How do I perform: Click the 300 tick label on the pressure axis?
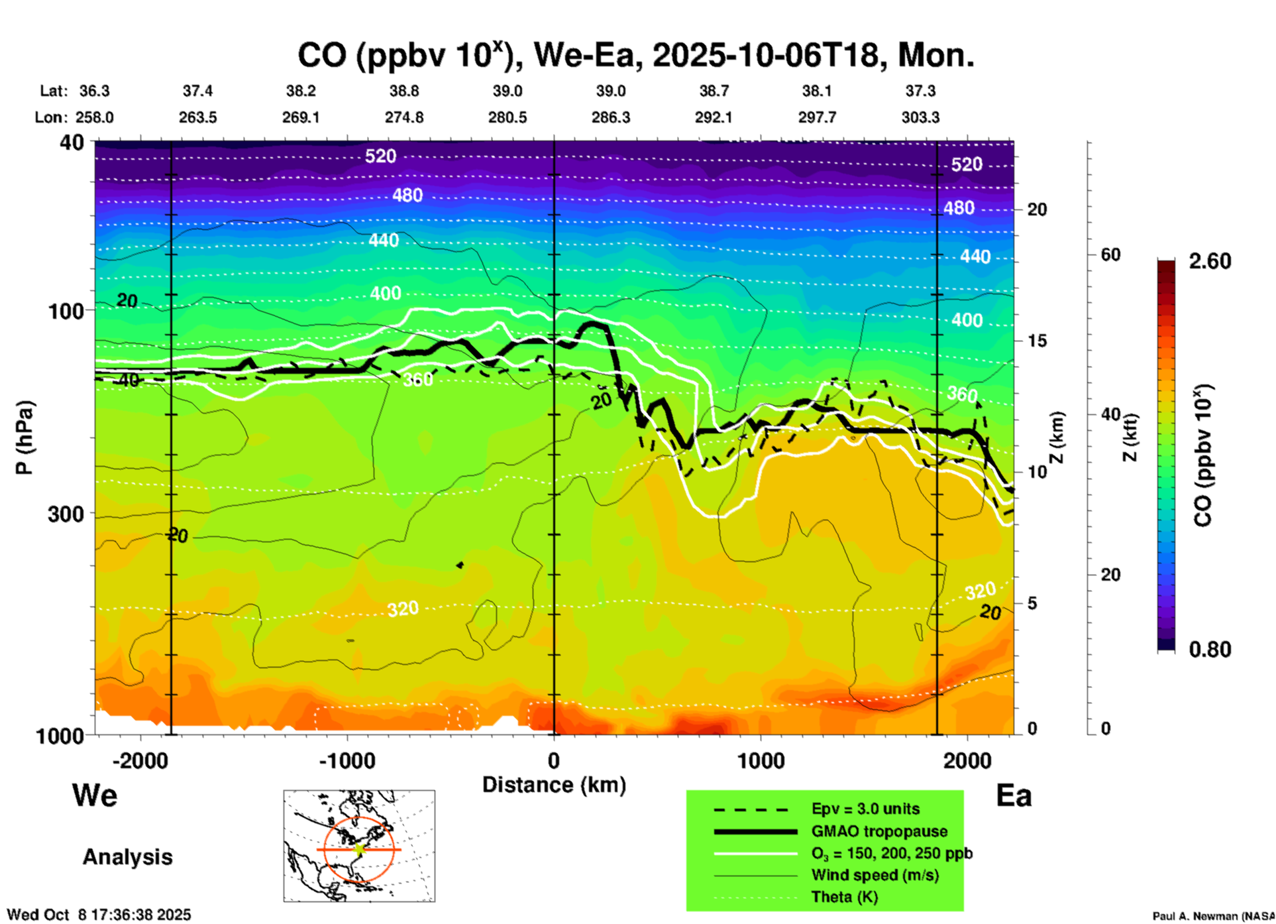(x=66, y=514)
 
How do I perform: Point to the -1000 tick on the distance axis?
(x=346, y=760)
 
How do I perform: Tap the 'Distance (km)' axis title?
(x=554, y=785)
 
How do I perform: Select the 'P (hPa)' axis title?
(x=25, y=437)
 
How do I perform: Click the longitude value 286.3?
(x=611, y=117)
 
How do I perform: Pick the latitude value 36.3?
(x=95, y=91)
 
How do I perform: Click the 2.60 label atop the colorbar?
(x=1210, y=261)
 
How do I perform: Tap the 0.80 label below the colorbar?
(x=1210, y=649)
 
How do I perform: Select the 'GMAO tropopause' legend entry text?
(x=879, y=831)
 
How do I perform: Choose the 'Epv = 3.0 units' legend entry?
(x=865, y=809)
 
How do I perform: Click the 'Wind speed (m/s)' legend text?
(x=875, y=875)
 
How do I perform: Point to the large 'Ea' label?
(x=1014, y=795)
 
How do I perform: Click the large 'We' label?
(x=95, y=795)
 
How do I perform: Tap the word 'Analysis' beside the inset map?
(x=127, y=856)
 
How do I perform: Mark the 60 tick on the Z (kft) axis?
(x=1110, y=255)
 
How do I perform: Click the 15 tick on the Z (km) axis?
(x=1037, y=341)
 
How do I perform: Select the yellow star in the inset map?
(x=359, y=849)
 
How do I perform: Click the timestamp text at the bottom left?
(x=99, y=915)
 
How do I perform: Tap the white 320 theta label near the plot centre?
(x=403, y=608)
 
